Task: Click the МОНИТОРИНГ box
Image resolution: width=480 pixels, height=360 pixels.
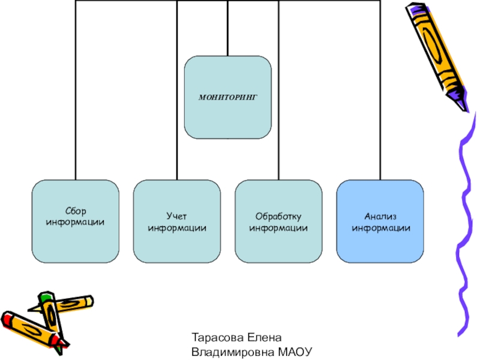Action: click(227, 97)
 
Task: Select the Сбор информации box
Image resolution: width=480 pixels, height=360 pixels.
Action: click(76, 221)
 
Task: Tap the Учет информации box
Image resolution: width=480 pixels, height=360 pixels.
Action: click(178, 221)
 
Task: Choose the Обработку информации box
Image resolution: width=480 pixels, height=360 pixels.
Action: click(278, 221)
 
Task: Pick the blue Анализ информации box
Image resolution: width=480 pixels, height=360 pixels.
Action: click(380, 221)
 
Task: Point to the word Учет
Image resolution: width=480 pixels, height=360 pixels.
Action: click(178, 215)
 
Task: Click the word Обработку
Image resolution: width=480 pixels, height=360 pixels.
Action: click(278, 215)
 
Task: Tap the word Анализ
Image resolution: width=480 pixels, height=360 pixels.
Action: click(380, 215)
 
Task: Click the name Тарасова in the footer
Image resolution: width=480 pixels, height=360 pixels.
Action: click(216, 339)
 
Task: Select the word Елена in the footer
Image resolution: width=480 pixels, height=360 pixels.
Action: click(260, 339)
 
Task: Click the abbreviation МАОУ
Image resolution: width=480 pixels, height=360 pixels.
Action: click(296, 352)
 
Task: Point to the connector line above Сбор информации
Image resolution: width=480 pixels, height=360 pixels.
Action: click(76, 90)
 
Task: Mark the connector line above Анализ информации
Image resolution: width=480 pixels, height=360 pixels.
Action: click(380, 90)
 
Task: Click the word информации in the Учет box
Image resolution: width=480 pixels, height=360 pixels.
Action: click(178, 228)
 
